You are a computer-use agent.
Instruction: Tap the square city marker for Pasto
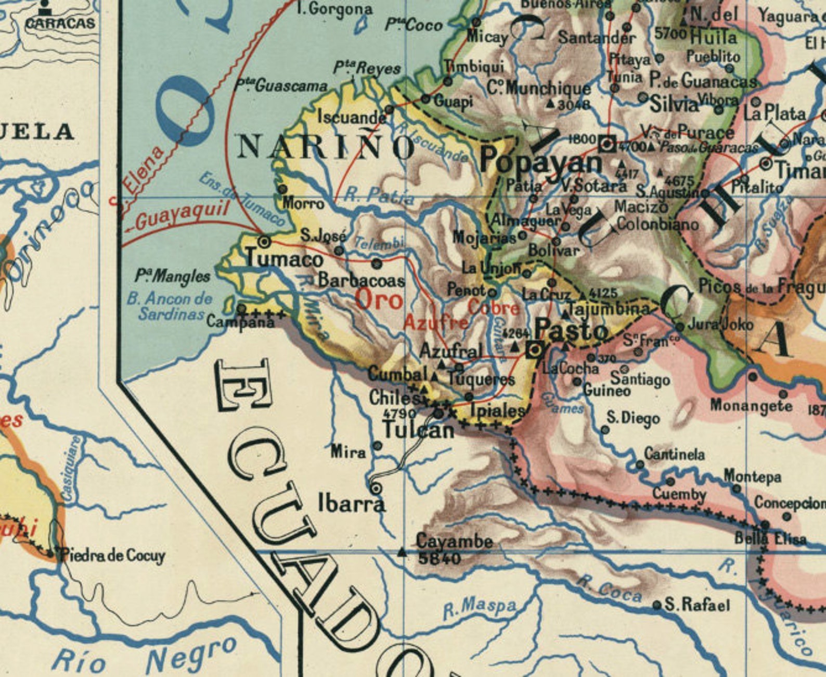535,350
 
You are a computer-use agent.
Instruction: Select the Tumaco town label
284,259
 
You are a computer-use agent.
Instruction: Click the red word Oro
379,300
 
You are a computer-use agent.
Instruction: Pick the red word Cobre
494,308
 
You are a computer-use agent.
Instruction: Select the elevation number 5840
440,559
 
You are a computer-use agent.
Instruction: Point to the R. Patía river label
380,196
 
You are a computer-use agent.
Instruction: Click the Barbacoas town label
361,281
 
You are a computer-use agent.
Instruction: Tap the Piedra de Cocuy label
113,555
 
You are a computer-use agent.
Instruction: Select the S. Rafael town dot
657,605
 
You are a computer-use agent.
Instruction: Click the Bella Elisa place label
770,538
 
